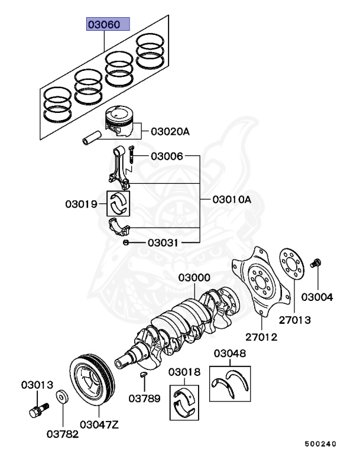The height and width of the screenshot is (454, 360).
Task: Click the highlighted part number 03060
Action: pos(105,25)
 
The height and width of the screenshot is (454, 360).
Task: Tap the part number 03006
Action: pos(167,157)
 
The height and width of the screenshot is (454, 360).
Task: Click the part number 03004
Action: pos(317,297)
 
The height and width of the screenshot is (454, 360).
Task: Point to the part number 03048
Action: pos(230,354)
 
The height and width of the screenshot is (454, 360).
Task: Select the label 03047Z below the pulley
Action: pos(100,424)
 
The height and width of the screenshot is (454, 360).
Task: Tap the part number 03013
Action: pos(38,385)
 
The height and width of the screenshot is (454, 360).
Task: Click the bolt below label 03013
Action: pos(37,408)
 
